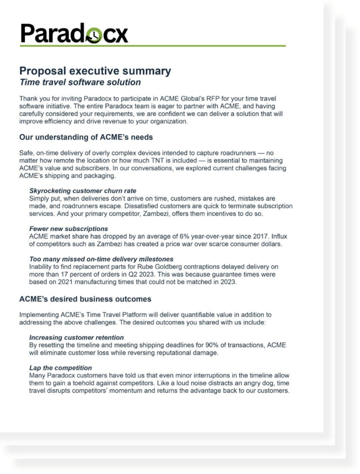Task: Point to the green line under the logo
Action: (152, 46)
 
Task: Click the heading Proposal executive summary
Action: (95, 71)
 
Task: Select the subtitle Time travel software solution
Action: (80, 82)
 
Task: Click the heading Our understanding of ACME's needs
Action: (86, 137)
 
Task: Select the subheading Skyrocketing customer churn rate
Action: (83, 191)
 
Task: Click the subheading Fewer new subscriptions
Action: (69, 229)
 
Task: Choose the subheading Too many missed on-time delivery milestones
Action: (101, 259)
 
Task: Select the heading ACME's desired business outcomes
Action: (85, 299)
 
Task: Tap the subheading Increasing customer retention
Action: (77, 337)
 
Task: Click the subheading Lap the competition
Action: (60, 368)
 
